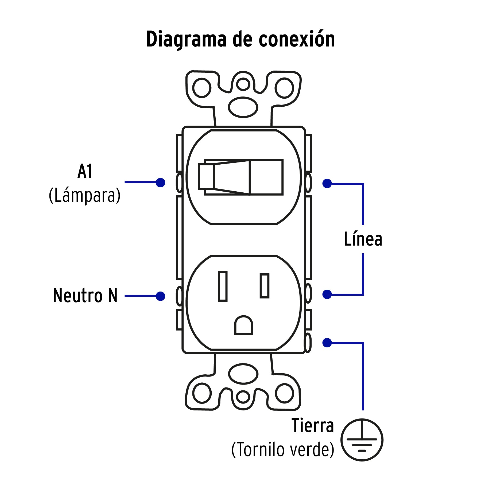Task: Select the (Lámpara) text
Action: coord(85,196)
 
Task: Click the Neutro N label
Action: coord(85,296)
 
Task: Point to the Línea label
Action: coord(363,239)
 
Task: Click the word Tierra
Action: coord(313,426)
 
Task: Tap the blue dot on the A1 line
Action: coord(160,183)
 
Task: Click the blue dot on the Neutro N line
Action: coord(160,296)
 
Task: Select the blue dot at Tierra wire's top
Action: coord(327,343)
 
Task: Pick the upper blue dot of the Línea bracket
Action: coord(327,184)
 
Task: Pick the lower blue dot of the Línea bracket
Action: coord(327,294)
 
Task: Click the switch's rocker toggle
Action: coord(241,177)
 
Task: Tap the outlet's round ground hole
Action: coord(243,325)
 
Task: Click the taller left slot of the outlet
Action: coord(223,286)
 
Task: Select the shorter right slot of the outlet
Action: coord(265,286)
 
